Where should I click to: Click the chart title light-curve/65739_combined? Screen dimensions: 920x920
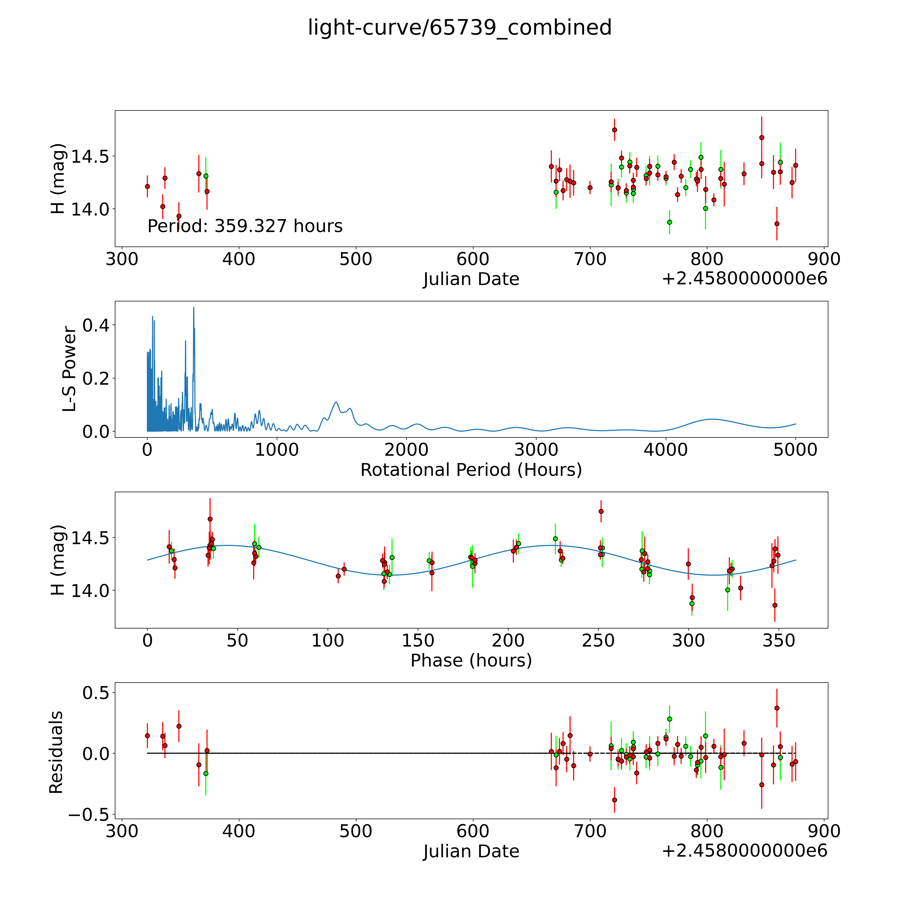(x=459, y=28)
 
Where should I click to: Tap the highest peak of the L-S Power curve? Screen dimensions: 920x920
(x=193, y=308)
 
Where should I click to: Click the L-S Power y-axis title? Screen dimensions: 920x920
(x=70, y=369)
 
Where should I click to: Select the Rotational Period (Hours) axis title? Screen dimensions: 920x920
(x=471, y=470)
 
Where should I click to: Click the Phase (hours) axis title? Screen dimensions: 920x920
(x=471, y=661)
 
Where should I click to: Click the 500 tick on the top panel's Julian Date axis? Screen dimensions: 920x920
(x=356, y=259)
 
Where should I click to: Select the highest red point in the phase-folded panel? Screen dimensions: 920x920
(x=601, y=511)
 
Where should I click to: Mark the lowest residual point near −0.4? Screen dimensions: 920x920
(x=614, y=800)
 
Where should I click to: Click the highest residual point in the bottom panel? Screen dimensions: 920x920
(x=777, y=708)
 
